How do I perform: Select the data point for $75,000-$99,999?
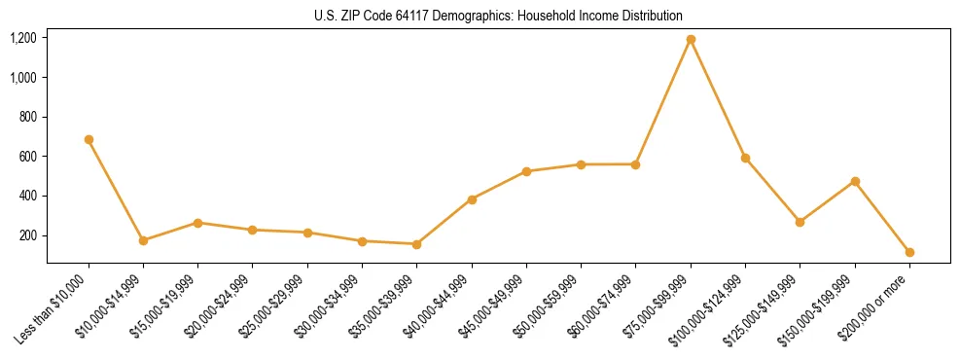[691, 40]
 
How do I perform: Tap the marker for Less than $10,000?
[89, 139]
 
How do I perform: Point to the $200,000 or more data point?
[909, 252]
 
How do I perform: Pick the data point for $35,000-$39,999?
[417, 244]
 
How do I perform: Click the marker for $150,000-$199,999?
[855, 181]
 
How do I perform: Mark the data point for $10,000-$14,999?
[143, 240]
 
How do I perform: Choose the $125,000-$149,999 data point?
[800, 222]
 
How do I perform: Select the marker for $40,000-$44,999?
[472, 199]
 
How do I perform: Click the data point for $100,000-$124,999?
[745, 158]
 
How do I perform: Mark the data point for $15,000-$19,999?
[197, 223]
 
